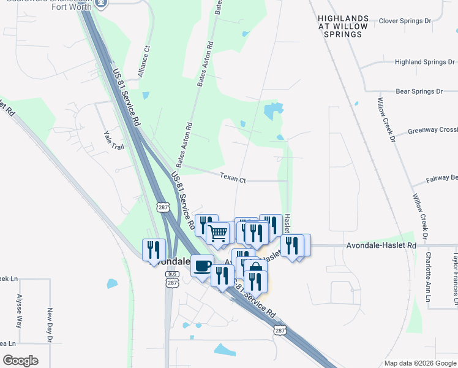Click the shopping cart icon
[x=217, y=233]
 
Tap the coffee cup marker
[x=202, y=266]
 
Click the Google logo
[x=20, y=361]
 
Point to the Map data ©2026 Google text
[x=419, y=363]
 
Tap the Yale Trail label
[x=114, y=144]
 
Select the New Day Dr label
[x=50, y=325]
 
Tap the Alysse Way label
[x=19, y=319]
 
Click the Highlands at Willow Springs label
[x=343, y=27]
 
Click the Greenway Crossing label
[x=433, y=130]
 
